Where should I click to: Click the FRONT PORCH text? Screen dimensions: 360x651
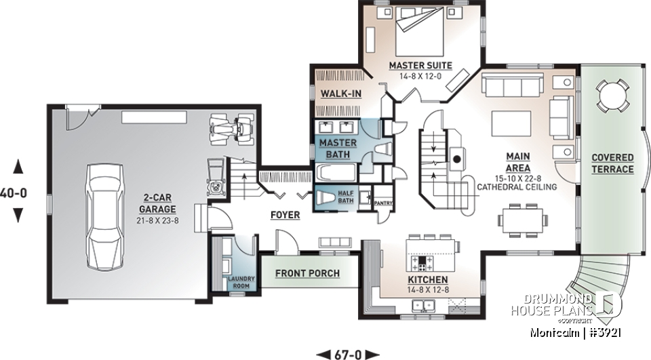click(307, 273)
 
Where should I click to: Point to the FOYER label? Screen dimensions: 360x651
click(285, 215)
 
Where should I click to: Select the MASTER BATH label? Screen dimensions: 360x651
click(333, 148)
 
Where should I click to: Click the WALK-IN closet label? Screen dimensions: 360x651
click(340, 93)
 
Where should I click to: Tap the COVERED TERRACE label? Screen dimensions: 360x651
click(612, 163)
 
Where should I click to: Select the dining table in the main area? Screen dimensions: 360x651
click(521, 218)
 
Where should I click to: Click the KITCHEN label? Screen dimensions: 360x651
click(427, 279)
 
